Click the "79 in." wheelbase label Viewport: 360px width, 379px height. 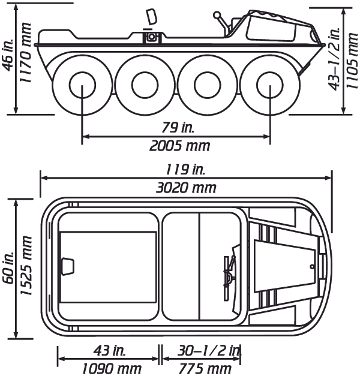[x=176, y=127]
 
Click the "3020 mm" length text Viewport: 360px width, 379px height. [x=185, y=187]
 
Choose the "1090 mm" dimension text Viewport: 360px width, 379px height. [x=108, y=368]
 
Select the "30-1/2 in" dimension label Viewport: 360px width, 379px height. [x=202, y=350]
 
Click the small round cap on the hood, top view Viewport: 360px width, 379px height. [x=312, y=266]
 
